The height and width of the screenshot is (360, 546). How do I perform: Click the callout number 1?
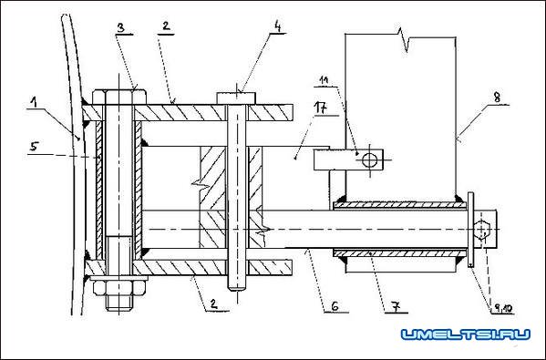coord(34,102)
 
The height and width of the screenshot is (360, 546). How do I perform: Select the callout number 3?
coord(121,28)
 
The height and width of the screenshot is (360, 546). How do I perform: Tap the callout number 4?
coord(277,26)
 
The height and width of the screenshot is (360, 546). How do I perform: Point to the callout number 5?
coord(34,147)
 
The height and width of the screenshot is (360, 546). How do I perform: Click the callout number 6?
coord(335,306)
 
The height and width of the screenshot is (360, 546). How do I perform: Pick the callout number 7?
coord(397,307)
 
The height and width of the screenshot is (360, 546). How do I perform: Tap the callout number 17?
coord(321,108)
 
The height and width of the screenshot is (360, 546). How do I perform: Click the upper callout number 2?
coord(166,26)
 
